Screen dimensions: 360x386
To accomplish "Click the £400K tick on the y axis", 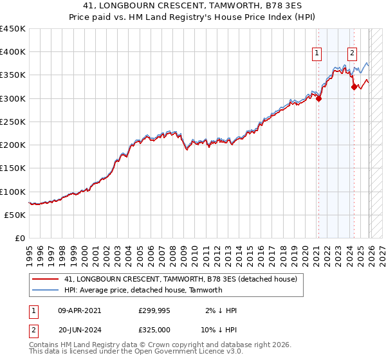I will tap(13, 52).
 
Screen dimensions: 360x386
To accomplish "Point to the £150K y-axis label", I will tap(13, 168).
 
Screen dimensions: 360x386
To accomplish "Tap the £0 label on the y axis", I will tap(19, 239).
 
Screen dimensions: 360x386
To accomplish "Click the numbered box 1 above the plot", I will tap(318, 54).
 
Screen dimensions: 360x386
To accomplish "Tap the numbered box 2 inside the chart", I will tap(353, 54).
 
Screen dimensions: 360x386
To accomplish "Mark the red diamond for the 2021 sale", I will tap(319, 99).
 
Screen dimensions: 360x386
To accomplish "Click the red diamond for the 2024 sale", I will tap(354, 87).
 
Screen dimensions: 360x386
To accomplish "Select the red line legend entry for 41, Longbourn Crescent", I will tap(180, 279).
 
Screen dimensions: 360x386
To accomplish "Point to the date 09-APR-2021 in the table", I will tap(79, 310).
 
